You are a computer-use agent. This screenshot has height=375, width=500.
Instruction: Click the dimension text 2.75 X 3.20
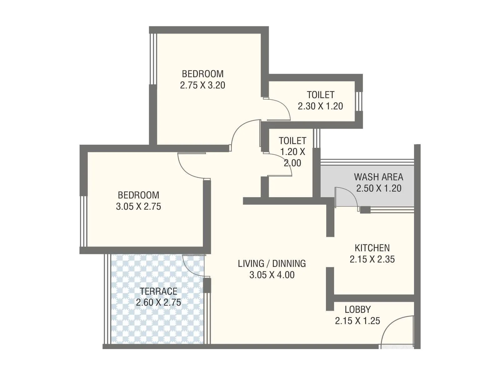click(x=202, y=85)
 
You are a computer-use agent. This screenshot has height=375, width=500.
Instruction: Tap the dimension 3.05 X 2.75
click(x=138, y=207)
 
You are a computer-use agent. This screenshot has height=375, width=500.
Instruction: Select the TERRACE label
click(x=158, y=291)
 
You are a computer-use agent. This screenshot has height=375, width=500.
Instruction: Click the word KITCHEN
click(x=372, y=248)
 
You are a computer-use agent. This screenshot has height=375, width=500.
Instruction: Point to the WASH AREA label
click(x=378, y=177)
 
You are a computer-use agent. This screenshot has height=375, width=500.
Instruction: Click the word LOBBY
click(x=357, y=309)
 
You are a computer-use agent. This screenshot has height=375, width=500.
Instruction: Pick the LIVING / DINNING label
click(x=272, y=263)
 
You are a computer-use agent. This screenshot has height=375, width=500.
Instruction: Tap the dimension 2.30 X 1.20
click(x=320, y=106)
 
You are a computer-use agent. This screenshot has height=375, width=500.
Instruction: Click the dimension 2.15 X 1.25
click(x=357, y=321)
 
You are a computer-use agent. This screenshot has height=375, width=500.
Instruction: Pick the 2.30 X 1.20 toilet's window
click(x=359, y=101)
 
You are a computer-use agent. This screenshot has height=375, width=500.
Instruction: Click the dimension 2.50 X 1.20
click(x=378, y=188)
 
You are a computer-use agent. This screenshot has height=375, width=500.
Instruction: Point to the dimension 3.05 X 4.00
click(x=272, y=275)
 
